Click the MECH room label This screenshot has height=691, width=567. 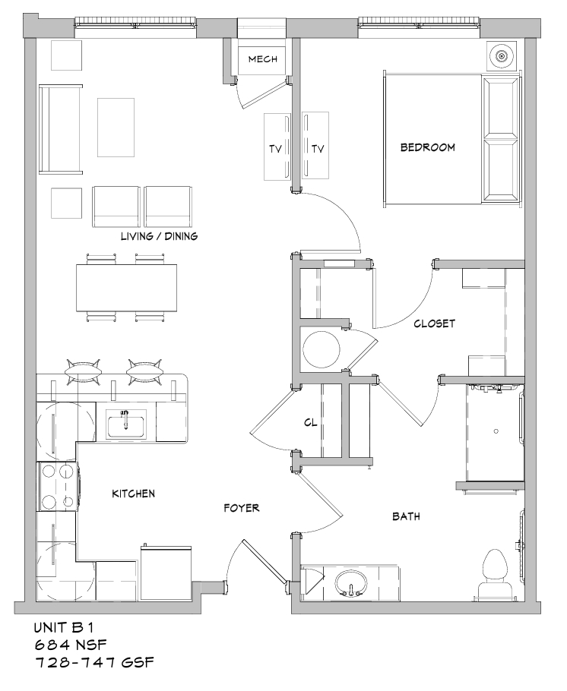262,59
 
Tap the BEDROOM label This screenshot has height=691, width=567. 428,147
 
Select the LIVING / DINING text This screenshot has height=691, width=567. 160,236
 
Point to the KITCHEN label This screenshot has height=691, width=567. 133,494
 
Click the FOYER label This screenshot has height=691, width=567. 242,508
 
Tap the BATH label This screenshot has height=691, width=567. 406,516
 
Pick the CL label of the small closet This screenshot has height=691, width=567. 311,422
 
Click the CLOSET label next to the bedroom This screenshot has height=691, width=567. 434,323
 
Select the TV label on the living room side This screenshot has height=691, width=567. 275,150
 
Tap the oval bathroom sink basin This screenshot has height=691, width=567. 351,583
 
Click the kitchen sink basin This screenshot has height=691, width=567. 125,424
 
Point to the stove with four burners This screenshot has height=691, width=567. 58,486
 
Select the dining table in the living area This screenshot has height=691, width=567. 127,288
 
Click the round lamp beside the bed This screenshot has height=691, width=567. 501,56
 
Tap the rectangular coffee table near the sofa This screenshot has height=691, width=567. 116,128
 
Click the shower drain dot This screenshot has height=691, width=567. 496,431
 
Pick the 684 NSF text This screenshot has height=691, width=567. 71,645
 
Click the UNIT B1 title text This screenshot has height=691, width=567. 64,626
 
